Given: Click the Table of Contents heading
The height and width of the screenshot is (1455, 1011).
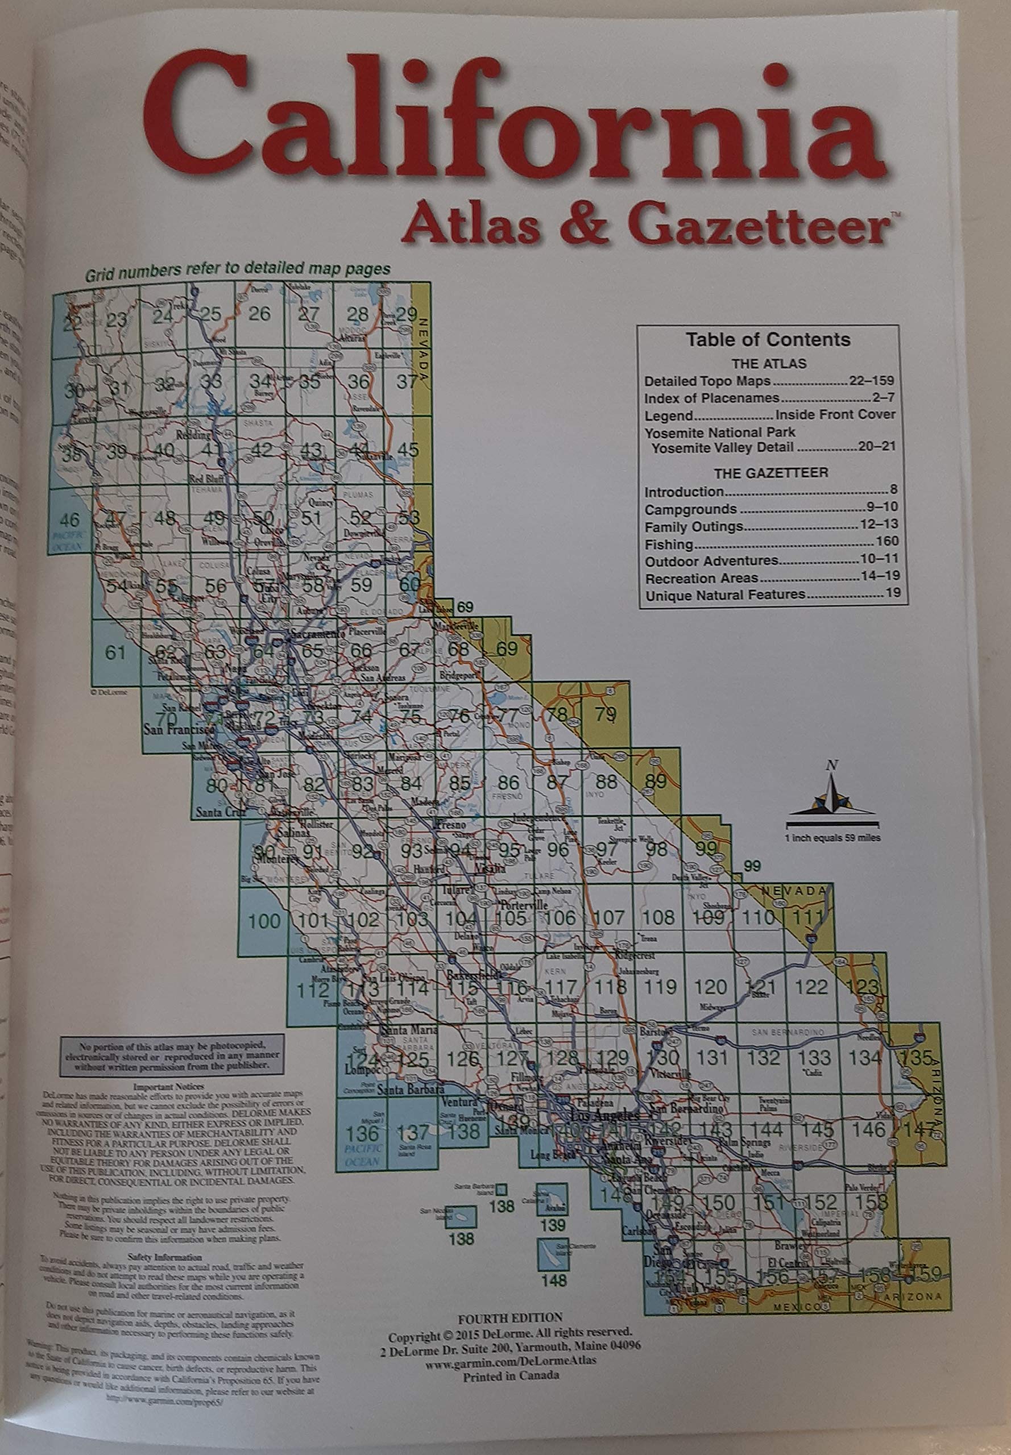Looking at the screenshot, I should (768, 340).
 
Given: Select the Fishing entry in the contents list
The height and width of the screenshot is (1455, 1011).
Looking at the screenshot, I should (669, 544).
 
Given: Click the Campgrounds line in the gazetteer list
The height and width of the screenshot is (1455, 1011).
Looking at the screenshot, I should (690, 510).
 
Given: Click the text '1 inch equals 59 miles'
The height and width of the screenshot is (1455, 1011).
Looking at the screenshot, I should (832, 838).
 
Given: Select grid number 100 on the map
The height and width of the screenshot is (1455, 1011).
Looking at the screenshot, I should (263, 921).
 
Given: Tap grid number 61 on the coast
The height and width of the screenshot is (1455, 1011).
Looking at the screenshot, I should (115, 651).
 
